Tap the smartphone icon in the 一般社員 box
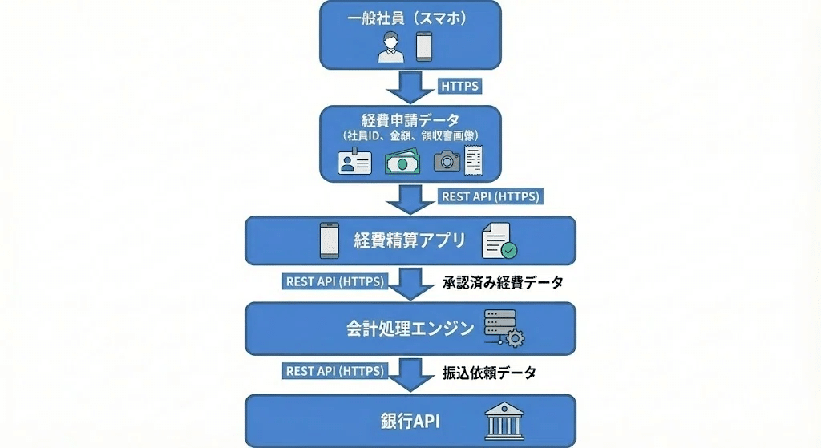click(x=424, y=47)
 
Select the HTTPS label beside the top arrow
click(x=461, y=85)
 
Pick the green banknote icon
click(x=402, y=163)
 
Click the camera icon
click(x=447, y=162)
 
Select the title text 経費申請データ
click(x=410, y=121)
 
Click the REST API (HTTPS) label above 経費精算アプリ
click(x=491, y=196)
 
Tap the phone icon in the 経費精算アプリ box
click(x=329, y=240)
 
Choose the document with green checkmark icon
click(x=499, y=240)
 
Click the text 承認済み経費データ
click(x=503, y=282)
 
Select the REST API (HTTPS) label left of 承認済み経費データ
click(x=334, y=281)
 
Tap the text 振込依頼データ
click(x=488, y=372)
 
